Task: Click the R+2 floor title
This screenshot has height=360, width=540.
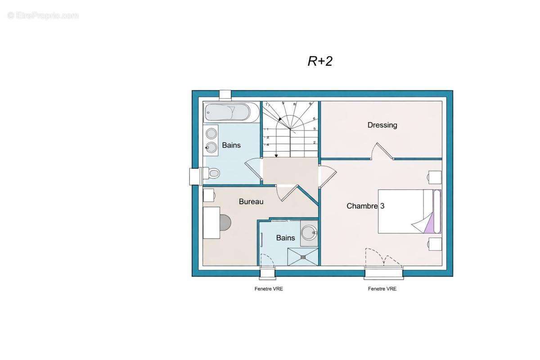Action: coord(320,61)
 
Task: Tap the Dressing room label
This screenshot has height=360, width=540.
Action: coord(382,125)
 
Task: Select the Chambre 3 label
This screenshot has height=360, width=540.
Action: coord(365,206)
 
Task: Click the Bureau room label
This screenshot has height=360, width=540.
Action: coord(251,202)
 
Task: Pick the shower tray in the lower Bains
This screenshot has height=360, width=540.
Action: coord(303,257)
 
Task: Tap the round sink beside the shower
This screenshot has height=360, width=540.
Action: coord(309,233)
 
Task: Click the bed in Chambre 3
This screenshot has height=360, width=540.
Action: coord(409,211)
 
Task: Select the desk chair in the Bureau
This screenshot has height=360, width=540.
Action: coord(225,223)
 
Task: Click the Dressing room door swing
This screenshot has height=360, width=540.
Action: coord(382,151)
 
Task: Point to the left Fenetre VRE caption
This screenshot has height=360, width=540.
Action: coord(269,288)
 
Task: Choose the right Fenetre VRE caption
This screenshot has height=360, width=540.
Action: coord(382,288)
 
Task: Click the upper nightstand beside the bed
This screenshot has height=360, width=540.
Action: coord(435,177)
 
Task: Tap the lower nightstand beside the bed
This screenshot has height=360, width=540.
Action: coord(435,244)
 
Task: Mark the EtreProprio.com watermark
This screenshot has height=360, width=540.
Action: coord(43,16)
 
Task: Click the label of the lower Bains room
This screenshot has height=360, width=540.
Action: coord(285,238)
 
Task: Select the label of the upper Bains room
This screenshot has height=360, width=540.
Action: coord(231,145)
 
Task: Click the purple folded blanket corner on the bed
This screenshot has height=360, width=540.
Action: coord(429,224)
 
